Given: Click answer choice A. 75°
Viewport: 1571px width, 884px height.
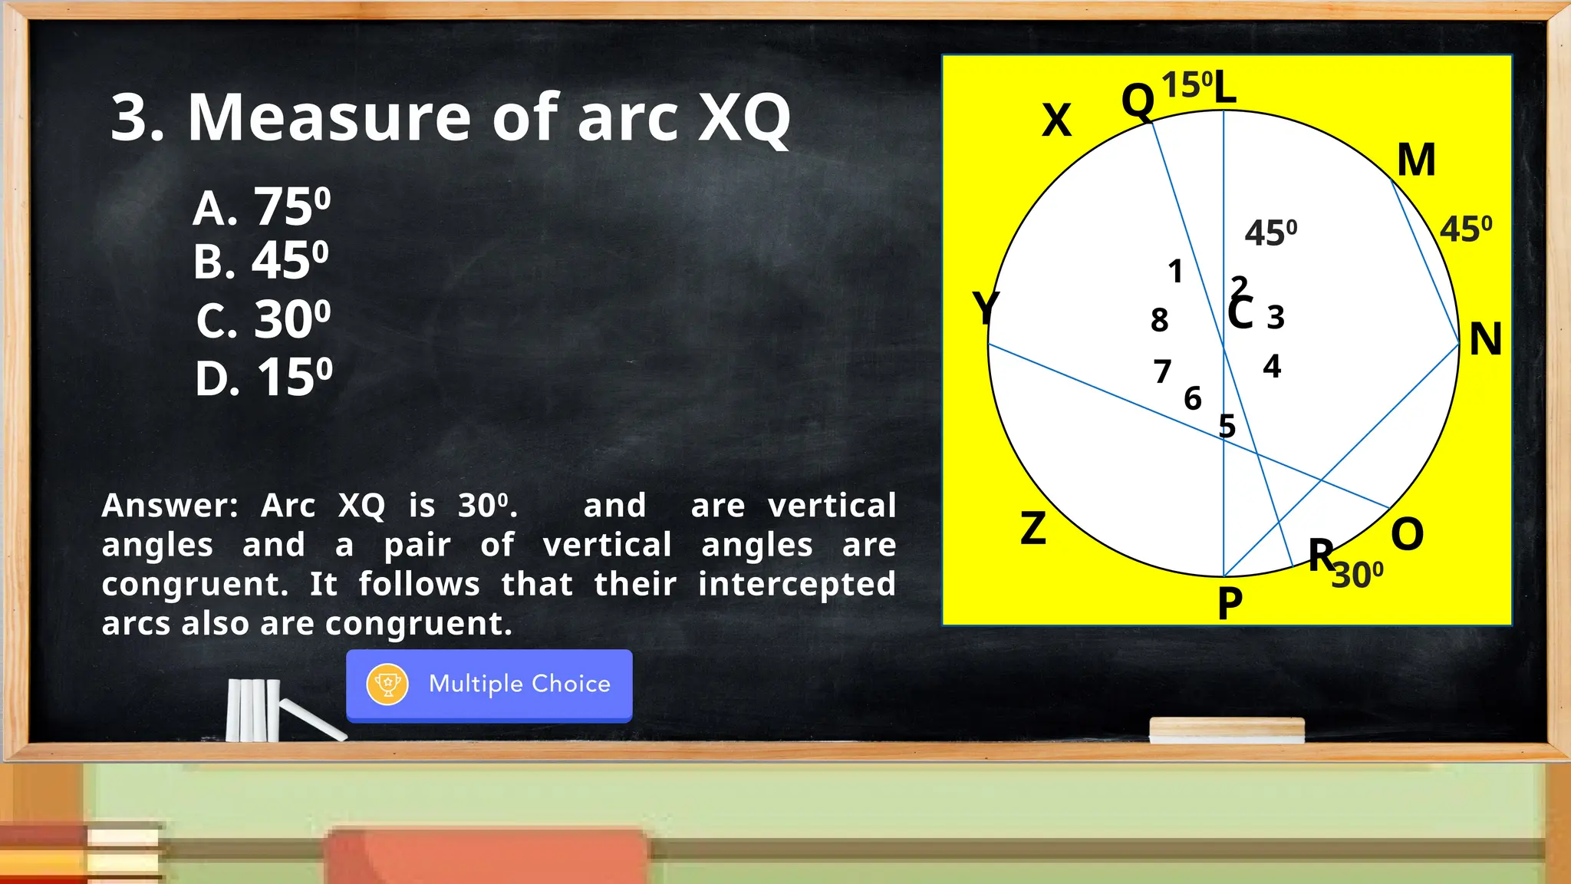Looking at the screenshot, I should coord(262,207).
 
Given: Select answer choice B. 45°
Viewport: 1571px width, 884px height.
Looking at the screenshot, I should coord(261,261).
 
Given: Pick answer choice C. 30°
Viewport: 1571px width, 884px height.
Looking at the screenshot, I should coord(263,319).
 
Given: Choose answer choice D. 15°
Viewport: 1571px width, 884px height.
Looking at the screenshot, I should coord(264,378).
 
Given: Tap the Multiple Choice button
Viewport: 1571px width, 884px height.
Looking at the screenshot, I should coord(489,684).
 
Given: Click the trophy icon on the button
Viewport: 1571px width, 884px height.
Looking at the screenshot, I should coord(387,684).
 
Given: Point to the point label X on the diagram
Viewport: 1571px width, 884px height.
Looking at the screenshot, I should coord(1056,120).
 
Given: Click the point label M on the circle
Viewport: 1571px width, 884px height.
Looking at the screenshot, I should coord(1415,160).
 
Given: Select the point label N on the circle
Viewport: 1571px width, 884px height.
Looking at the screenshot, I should coord(1485,339).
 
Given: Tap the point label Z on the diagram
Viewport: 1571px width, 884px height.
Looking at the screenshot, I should coord(1033,529).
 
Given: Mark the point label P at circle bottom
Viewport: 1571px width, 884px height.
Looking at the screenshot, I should coord(1230,603).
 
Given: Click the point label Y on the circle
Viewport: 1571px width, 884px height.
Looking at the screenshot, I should coord(985,308).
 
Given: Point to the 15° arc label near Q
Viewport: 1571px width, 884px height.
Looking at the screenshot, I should coord(1187,84).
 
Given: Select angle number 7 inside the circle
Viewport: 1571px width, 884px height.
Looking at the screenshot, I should coord(1162,371).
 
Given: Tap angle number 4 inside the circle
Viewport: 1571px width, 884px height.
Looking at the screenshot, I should coord(1272,366).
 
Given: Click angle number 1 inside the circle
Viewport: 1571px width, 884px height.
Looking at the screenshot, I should coord(1175,271).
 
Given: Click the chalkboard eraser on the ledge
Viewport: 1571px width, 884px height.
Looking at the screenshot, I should coord(1227,730).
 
